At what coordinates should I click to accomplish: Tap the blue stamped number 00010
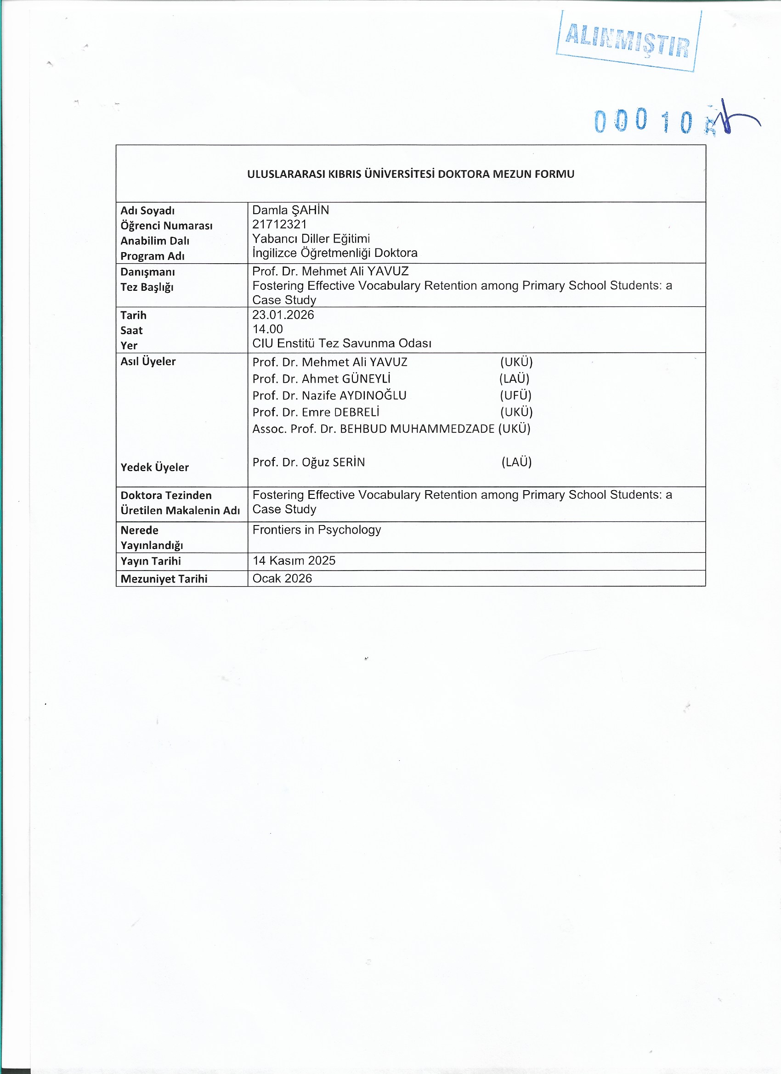point(644,120)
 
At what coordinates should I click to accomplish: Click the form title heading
point(411,174)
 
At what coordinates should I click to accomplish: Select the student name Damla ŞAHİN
point(290,210)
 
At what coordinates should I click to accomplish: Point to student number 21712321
point(279,224)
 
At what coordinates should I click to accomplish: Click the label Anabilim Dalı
point(154,241)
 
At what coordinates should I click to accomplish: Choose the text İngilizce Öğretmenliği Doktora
point(335,252)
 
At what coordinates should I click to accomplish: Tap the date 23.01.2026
point(283,315)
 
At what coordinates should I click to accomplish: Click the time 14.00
point(267,329)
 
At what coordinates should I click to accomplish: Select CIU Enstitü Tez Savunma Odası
point(341,343)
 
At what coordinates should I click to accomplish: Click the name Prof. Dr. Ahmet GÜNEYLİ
point(322,379)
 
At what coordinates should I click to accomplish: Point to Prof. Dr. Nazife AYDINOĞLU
point(329,396)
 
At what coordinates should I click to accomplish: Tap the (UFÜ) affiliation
point(516,396)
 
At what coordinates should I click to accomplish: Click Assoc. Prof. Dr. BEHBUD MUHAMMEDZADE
point(373,429)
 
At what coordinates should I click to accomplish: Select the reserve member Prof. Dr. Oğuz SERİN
point(309,462)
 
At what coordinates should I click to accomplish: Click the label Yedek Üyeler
point(154,467)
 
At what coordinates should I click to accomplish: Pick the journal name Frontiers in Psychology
point(317,530)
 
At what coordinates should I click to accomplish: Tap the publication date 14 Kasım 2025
point(294,561)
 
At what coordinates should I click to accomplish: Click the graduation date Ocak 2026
point(282,578)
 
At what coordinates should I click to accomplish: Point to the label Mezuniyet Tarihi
point(164,579)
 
